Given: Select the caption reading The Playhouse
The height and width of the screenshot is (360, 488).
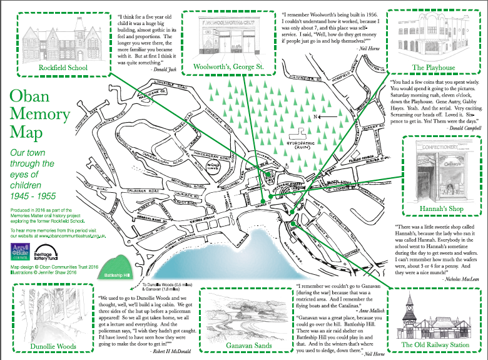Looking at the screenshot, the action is [x=433, y=68].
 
